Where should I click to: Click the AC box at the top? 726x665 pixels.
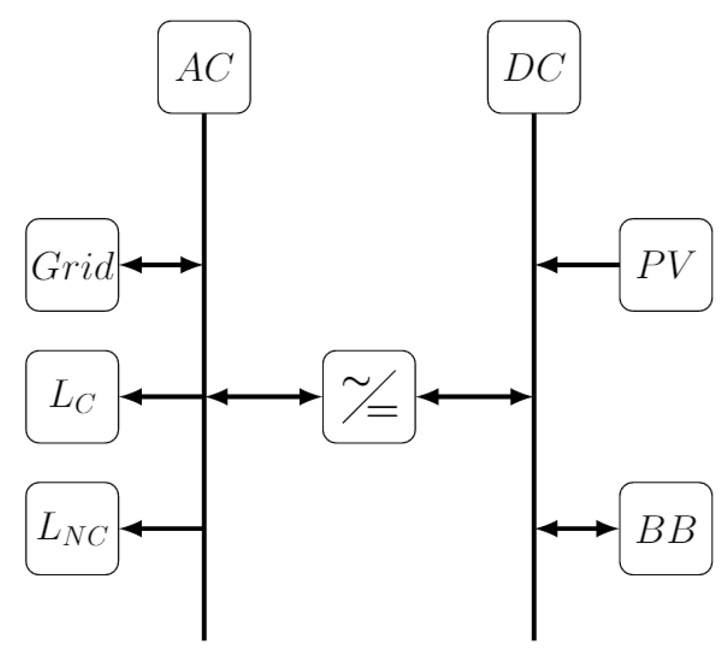204,67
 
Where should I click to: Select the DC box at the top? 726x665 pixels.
533,67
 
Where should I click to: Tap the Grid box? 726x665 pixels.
72,265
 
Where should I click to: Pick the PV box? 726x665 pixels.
665,265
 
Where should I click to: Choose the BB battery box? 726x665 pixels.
665,528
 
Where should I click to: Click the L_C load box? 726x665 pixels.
72,397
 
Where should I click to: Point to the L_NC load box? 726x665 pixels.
72,528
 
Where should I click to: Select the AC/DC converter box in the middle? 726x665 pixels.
369,397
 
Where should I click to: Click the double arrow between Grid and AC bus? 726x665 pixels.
161,264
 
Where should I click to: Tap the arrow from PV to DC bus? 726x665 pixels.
577,264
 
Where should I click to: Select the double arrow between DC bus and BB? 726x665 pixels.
576,528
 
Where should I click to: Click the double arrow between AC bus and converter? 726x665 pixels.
264,397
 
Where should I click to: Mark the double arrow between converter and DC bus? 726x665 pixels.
474,397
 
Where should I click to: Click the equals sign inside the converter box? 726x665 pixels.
382,411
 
